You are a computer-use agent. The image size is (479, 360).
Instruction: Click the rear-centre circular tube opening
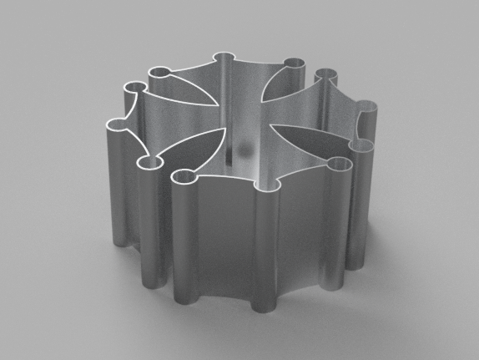pyautogui.click(x=224, y=58)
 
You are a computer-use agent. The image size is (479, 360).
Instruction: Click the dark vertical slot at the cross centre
pyautogui.click(x=226, y=155)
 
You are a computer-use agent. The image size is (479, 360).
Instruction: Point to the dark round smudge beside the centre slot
pyautogui.click(x=245, y=150)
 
